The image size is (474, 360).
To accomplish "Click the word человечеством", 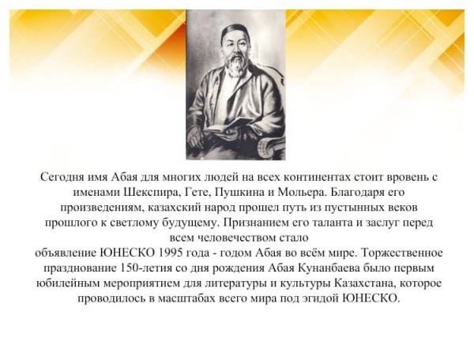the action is (236, 238).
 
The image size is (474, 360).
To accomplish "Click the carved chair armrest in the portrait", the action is (271, 148).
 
